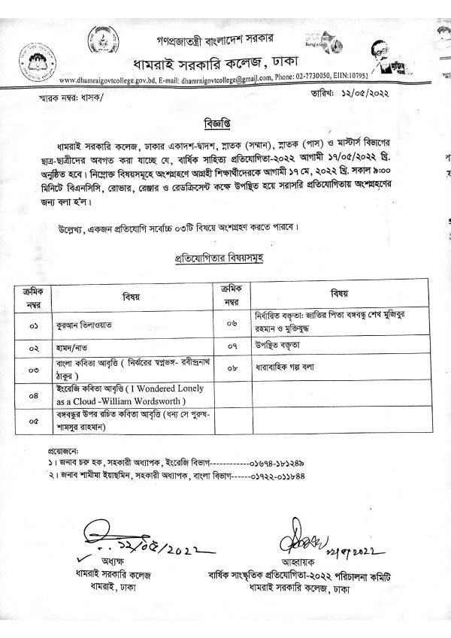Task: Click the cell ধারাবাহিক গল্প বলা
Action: (x=289, y=369)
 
